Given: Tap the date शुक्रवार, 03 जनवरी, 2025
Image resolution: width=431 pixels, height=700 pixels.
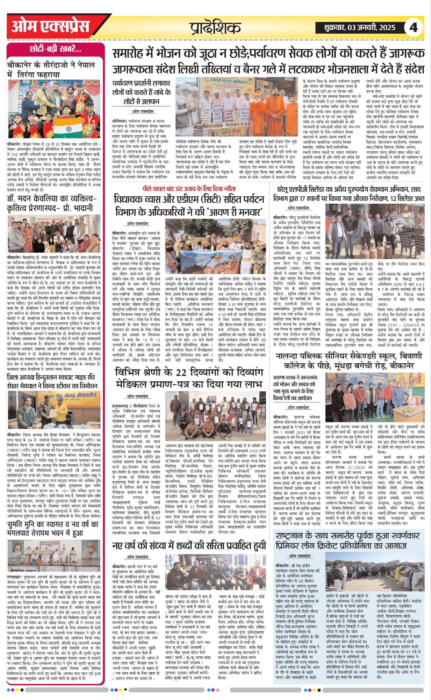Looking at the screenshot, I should click(x=355, y=28).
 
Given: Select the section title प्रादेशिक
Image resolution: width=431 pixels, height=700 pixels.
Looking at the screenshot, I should click(x=215, y=28).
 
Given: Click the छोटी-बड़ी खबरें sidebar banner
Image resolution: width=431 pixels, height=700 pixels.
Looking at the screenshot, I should click(x=56, y=49).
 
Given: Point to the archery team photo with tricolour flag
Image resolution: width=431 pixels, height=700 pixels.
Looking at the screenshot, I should click(x=54, y=111).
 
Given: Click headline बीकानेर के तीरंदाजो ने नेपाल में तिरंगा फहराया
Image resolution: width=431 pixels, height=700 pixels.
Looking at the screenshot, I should click(x=51, y=70).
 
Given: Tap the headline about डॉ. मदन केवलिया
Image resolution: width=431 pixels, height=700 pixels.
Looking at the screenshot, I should click(x=52, y=203).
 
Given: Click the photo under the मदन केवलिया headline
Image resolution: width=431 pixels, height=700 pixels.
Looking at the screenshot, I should click(x=54, y=234).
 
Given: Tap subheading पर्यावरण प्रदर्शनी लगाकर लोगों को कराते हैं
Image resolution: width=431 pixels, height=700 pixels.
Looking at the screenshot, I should click(x=141, y=92).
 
